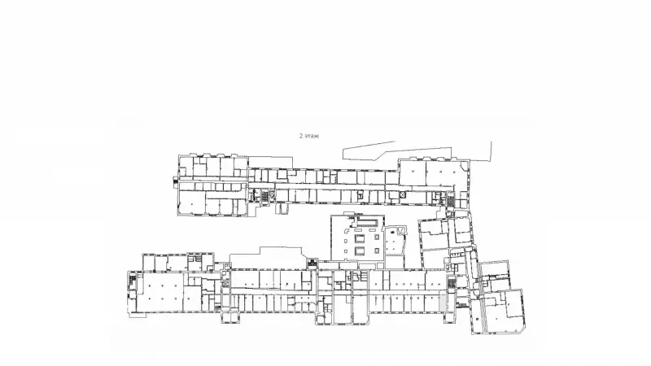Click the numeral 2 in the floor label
point(300,136)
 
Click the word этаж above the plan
point(312,136)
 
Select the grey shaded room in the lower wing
point(443,302)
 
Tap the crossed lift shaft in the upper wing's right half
point(402,194)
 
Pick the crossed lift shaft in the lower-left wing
point(226,284)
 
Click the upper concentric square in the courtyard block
point(360,238)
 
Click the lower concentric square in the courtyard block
point(360,251)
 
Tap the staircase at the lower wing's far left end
point(132,280)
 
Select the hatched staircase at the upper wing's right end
point(451,202)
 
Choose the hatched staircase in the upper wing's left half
point(264,196)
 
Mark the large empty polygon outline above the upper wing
point(417,151)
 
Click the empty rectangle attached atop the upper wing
point(270,162)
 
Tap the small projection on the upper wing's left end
point(176,181)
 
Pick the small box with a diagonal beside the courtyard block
point(401,230)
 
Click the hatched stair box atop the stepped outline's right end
point(312,262)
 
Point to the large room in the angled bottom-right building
point(503,312)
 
